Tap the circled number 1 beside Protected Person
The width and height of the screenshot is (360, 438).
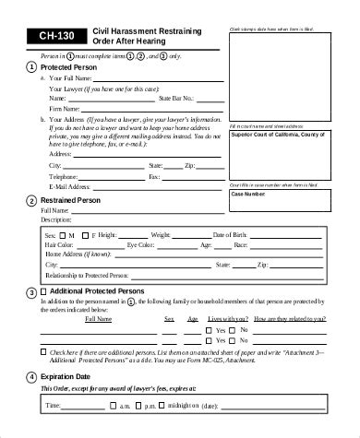pyautogui.click(x=33, y=67)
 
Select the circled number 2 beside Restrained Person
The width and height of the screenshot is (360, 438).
pyautogui.click(x=33, y=200)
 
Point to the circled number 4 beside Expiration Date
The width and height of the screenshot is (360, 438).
pyautogui.click(x=33, y=377)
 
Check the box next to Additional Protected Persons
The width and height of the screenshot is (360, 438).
pyautogui.click(x=44, y=291)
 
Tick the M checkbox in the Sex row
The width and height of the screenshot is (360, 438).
pyautogui.click(x=64, y=236)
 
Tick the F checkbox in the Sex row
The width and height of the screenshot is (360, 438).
pyautogui.click(x=84, y=236)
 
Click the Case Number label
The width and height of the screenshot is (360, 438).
pyautogui.click(x=249, y=193)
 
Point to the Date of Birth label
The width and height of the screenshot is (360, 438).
pyautogui.click(x=232, y=236)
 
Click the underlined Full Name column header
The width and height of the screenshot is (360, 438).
pyautogui.click(x=99, y=319)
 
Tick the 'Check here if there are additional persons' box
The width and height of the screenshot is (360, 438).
pyautogui.click(x=45, y=351)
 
